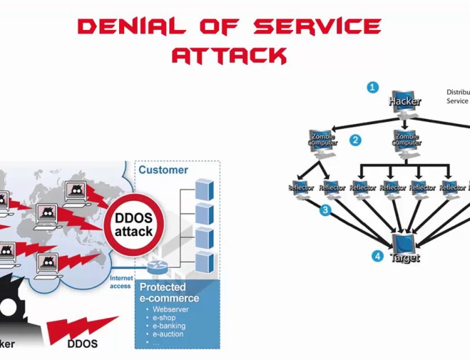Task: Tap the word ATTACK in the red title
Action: pyautogui.click(x=229, y=56)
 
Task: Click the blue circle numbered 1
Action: pyautogui.click(x=373, y=88)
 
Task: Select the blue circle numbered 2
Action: pyautogui.click(x=355, y=140)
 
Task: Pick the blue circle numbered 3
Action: pyautogui.click(x=325, y=210)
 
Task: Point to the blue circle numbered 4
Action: pyautogui.click(x=377, y=255)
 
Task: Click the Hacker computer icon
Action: pyautogui.click(x=404, y=103)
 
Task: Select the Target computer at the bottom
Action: pyautogui.click(x=404, y=245)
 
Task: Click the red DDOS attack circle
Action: pyautogui.click(x=133, y=224)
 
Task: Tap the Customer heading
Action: pyautogui.click(x=163, y=170)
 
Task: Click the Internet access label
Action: pyautogui.click(x=120, y=282)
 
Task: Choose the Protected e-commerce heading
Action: pyautogui.click(x=169, y=293)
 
